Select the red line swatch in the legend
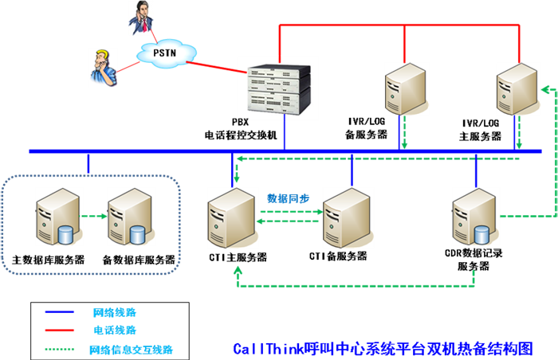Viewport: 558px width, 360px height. pos(60,328)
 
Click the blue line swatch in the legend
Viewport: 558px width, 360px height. pos(60,311)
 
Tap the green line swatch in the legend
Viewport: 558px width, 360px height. pos(60,345)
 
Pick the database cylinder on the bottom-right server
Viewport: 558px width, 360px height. pos(481,236)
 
